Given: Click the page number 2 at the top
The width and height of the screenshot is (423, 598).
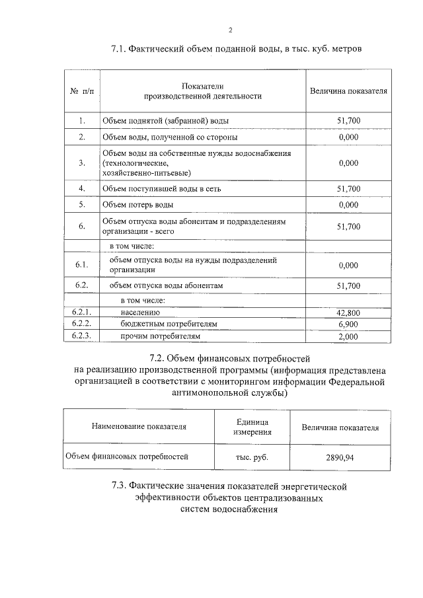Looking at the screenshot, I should (230, 30).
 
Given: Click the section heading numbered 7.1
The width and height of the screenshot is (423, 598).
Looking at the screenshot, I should (236, 49).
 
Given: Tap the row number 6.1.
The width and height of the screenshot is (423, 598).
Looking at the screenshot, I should (82, 265).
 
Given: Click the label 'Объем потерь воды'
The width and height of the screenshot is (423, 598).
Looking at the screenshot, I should (137, 205).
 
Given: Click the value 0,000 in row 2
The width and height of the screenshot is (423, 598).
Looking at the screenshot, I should (348, 137).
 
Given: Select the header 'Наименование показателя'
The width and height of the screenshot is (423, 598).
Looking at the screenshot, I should (139, 427).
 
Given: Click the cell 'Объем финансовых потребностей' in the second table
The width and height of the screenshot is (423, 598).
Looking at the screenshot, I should (126, 456).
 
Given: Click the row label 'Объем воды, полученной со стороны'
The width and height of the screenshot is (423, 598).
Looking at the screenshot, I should (170, 137).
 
